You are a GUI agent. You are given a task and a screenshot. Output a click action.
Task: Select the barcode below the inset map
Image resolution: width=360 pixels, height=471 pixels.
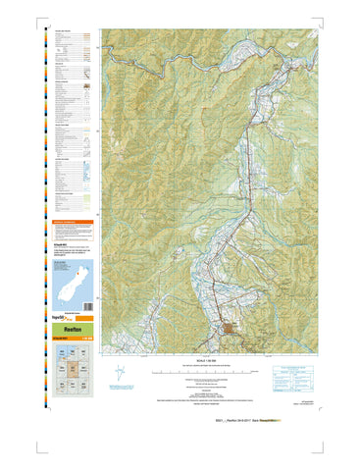(62, 312)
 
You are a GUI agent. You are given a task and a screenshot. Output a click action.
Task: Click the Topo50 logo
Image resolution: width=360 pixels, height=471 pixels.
(51, 320)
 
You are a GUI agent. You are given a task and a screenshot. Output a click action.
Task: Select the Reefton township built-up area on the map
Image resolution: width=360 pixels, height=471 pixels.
(233, 330)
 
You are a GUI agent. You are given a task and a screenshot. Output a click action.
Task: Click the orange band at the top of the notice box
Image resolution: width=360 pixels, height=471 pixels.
(70, 222)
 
